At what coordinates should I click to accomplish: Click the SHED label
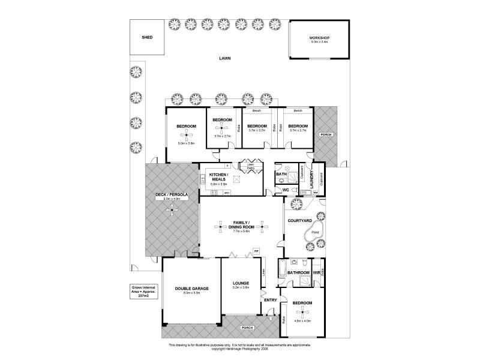click(147, 37)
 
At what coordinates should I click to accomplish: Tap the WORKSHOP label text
click(320, 38)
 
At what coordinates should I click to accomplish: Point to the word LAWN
click(226, 59)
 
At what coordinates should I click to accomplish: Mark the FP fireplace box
click(256, 251)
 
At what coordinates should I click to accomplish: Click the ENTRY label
click(271, 299)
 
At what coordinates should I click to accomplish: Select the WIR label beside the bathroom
click(317, 273)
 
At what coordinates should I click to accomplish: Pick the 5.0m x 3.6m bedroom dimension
click(186, 143)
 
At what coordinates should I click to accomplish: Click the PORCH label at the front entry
click(246, 328)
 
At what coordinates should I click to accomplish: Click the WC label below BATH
click(286, 190)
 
